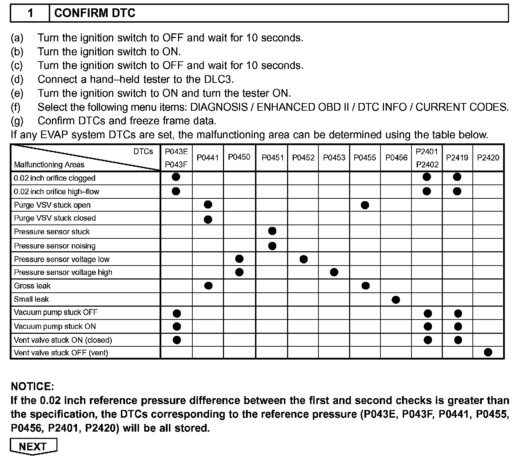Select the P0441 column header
(208, 158)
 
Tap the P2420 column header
(488, 158)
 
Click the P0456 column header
(396, 158)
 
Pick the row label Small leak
(31, 299)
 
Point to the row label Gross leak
(32, 286)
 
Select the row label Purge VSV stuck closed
(55, 218)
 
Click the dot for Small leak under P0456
(396, 300)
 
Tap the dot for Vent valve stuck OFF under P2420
(488, 352)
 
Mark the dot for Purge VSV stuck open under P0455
(365, 205)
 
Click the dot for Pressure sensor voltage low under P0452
(303, 259)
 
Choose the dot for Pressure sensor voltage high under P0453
(334, 272)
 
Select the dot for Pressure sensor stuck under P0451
(272, 231)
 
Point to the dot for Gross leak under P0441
(208, 286)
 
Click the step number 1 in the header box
(30, 13)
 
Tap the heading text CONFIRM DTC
(95, 13)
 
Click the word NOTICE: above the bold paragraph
(32, 386)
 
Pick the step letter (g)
(17, 121)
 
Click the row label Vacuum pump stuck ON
(55, 326)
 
